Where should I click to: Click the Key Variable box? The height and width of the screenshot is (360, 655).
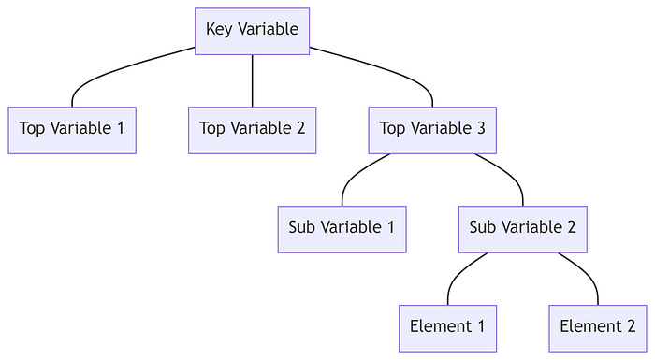coord(252,31)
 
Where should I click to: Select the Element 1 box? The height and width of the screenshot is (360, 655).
coord(447,328)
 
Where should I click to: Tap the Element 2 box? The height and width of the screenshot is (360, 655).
coord(597,328)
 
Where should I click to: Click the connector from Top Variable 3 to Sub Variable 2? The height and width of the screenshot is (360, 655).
coord(506,172)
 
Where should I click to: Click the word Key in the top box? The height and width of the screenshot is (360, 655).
coord(219,30)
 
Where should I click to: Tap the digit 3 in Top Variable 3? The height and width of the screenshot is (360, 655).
coord(480,129)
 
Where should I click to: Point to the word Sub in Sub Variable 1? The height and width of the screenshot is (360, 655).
coord(302,228)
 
